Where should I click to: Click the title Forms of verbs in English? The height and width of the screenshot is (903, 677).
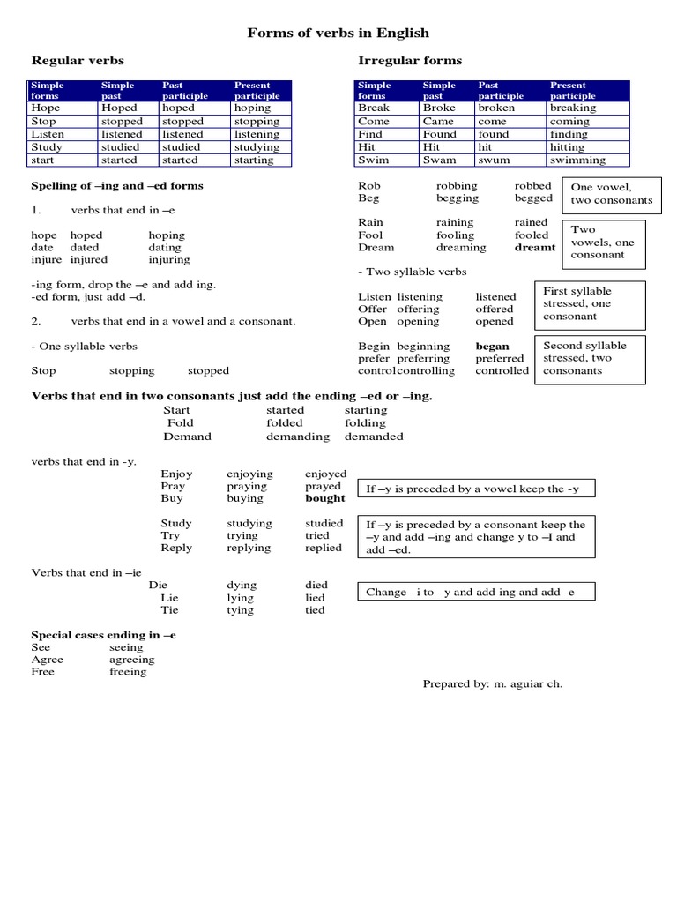point(338,33)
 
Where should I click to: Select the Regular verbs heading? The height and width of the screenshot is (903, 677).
point(78,61)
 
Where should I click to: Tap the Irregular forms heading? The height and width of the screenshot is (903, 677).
point(410,61)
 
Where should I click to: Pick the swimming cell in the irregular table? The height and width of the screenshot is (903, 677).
point(577,160)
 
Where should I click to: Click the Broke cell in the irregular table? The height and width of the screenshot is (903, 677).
point(439,108)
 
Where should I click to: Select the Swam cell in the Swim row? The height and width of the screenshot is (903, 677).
point(439,160)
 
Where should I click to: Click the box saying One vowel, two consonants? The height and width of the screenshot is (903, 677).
point(612,194)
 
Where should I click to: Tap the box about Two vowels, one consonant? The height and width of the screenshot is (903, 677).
point(604,242)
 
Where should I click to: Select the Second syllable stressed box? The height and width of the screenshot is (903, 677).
point(590,358)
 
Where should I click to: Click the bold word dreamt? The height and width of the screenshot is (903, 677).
point(535,248)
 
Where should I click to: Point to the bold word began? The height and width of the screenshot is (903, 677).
point(493,347)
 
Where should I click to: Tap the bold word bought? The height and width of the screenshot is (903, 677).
point(325,498)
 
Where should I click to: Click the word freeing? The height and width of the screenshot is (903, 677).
point(128,672)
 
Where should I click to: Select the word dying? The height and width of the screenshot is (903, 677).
point(242,586)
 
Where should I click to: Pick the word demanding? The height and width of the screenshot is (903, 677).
point(298,437)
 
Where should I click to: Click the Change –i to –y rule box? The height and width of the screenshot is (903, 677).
point(475,593)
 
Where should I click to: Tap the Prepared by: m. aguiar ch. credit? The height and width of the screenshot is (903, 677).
point(492,684)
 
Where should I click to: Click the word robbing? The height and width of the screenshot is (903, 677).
point(457,186)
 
